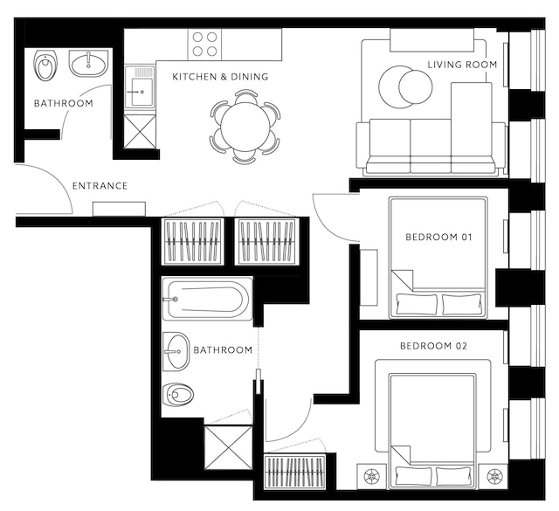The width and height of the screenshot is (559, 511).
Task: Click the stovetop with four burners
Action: pos(204,45)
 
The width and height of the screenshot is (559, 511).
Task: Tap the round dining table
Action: pos(245,127)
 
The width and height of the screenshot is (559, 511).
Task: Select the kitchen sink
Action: pos(140,86)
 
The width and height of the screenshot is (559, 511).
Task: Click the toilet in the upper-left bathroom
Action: pos(46,66)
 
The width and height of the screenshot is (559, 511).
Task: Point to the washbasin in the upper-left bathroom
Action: pos(88,64)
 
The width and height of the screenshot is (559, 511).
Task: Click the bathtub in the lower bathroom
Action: pos(207,300)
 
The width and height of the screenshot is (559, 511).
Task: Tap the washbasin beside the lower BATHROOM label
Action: pos(176,352)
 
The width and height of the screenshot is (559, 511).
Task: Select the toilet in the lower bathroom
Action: pos(178,395)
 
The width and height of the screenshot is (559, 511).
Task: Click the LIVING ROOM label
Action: pos(462,65)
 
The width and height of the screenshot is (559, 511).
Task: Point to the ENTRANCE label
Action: pos(100,186)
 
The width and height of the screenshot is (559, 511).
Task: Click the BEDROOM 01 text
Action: pos(438,237)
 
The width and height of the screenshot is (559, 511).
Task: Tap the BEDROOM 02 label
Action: pos(433,346)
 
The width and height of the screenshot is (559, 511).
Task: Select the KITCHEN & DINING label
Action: pos(220,77)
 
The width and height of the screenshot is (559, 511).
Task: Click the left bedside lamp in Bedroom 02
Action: pos(372,476)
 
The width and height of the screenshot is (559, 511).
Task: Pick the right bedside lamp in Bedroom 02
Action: pos(493,476)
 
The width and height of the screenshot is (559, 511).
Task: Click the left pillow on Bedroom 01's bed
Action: pos(417,304)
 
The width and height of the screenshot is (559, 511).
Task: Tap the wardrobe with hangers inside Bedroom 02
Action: pos(295,472)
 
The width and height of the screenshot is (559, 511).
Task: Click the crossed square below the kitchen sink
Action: pos(140,131)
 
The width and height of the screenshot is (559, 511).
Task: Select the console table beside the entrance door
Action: pos(119,209)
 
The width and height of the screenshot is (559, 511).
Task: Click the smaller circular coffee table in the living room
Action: pos(416,87)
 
